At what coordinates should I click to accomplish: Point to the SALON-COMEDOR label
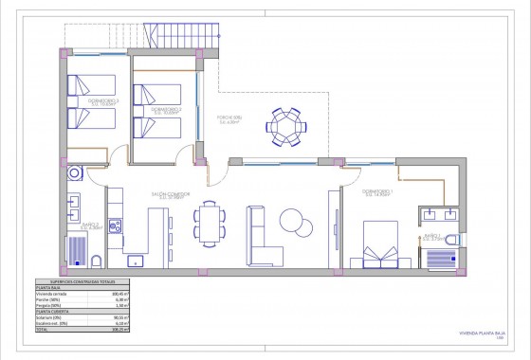[x=167, y=195]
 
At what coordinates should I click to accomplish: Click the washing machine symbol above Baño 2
[x=75, y=175]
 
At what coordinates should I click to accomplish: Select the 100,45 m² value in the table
[x=118, y=296]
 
